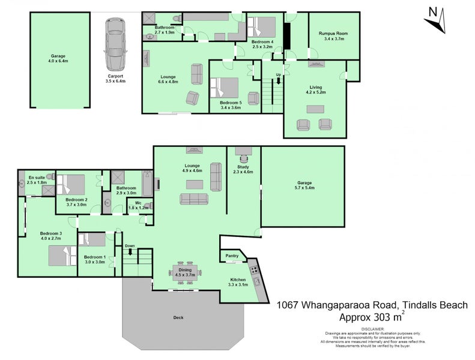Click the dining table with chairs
[x=186, y=271]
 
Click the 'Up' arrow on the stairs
[x=278, y=77]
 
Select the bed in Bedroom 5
[x=224, y=88]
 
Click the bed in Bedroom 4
[x=262, y=26]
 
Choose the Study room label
[x=243, y=167]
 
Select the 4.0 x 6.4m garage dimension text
[x=58, y=61]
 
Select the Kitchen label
[x=238, y=279]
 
